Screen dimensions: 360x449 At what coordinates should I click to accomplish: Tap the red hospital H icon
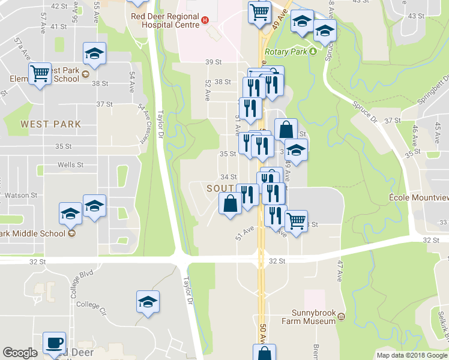click(x=205, y=20)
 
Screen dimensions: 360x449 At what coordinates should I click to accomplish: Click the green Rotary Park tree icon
click(x=313, y=52)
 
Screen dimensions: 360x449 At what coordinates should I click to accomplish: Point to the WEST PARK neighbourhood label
click(x=50, y=124)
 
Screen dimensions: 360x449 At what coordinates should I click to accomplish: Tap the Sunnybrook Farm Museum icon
click(x=342, y=316)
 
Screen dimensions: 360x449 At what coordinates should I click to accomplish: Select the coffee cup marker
click(x=55, y=344)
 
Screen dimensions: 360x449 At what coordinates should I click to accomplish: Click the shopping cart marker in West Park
click(x=40, y=74)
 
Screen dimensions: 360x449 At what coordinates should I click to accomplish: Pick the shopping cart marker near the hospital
click(x=259, y=12)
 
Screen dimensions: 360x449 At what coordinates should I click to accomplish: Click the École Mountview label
click(x=418, y=197)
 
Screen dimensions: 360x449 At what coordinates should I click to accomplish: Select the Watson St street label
click(x=22, y=195)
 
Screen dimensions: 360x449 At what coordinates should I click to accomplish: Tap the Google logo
click(x=20, y=353)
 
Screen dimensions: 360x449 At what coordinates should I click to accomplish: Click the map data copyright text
click(x=411, y=355)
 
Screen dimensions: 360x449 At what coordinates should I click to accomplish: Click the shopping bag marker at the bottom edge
click(x=264, y=353)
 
